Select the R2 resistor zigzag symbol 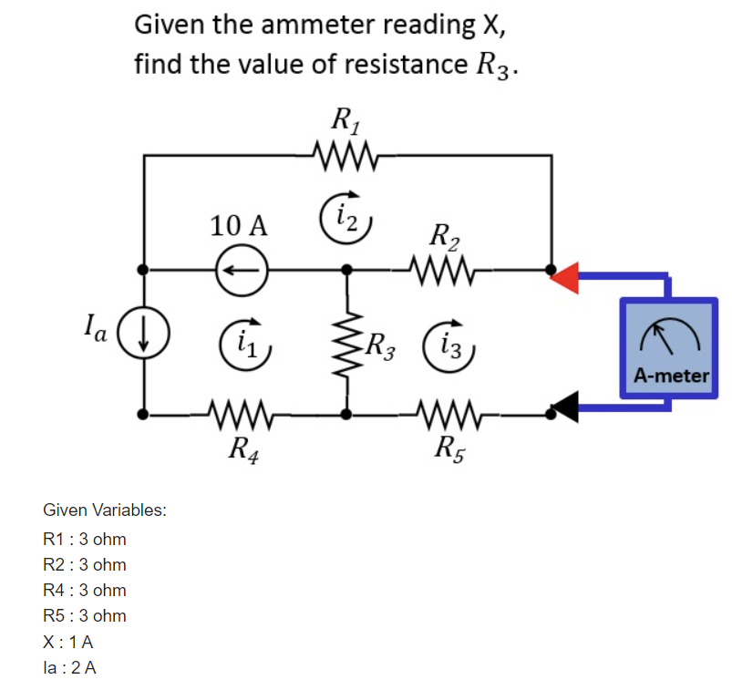(441, 269)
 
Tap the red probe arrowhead (566, 277)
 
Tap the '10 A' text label (238, 225)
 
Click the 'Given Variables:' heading (104, 510)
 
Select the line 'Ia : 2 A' (70, 666)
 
